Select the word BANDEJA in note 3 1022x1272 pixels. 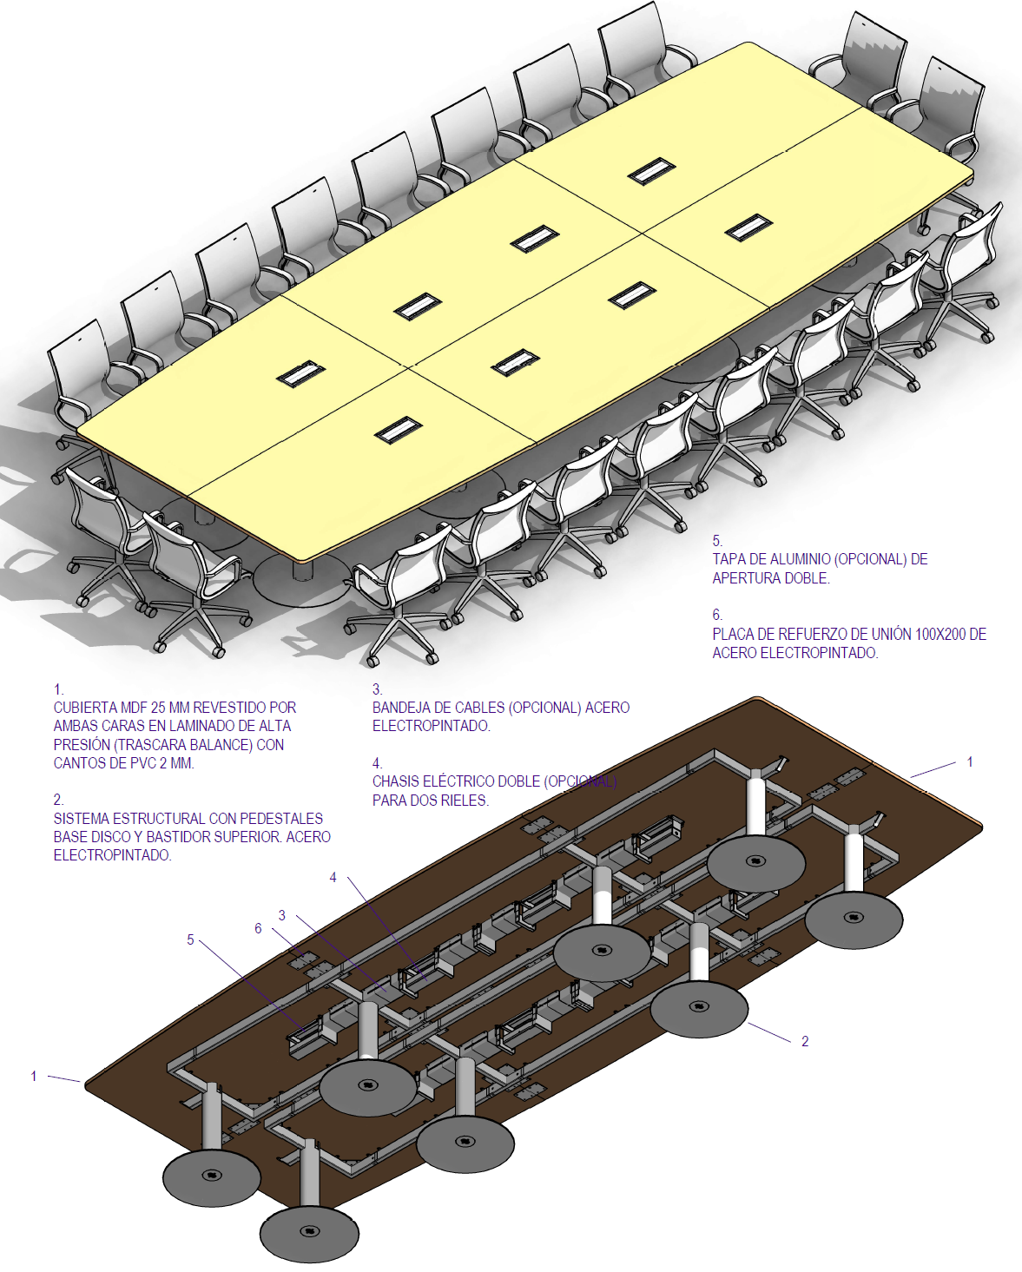point(402,708)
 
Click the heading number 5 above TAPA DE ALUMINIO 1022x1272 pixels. point(717,541)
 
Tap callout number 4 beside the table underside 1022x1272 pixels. point(333,878)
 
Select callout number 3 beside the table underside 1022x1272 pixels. point(282,915)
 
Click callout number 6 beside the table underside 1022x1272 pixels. point(258,928)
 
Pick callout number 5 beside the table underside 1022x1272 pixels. point(191,939)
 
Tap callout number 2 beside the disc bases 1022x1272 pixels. point(805,1041)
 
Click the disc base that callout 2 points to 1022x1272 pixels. point(699,1008)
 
